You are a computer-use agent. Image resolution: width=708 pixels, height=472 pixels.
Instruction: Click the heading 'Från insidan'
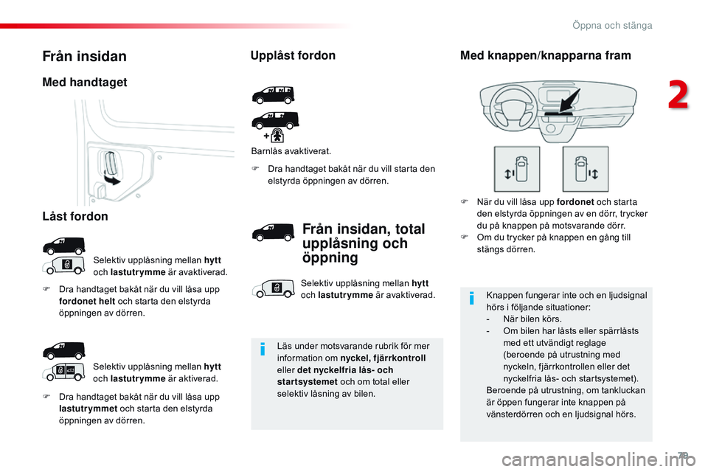coord(84,56)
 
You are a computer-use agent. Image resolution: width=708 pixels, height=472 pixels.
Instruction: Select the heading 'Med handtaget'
coord(85,83)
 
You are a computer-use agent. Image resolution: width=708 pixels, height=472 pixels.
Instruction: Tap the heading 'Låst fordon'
coord(75,217)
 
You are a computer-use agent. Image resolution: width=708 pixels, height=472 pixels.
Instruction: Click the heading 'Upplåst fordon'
coord(293,55)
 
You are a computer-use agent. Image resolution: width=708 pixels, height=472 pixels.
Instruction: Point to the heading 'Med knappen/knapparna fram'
coord(545,55)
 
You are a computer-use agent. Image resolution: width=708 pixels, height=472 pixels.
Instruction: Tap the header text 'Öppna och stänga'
coord(611,26)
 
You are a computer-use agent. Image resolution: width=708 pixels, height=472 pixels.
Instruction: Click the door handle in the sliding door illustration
coord(107,164)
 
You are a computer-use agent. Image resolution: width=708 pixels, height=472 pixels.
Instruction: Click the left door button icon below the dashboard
coord(516,169)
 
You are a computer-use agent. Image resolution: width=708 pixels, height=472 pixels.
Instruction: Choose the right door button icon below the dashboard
coord(585,169)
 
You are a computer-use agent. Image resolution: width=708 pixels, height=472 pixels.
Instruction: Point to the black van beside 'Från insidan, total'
coord(273,235)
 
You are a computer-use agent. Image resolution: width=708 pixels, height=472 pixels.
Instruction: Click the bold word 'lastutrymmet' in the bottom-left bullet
coord(84,409)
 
